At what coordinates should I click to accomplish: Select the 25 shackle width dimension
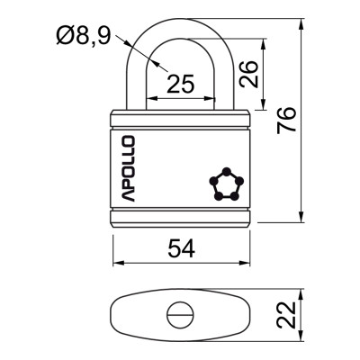click(181, 84)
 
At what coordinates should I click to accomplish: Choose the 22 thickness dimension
click(286, 314)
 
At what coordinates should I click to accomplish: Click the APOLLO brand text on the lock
click(127, 168)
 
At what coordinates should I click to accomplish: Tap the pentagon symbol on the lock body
click(225, 184)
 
